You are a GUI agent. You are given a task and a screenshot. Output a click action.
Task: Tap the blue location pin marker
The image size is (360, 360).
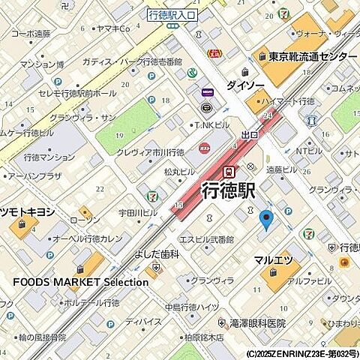[264, 220]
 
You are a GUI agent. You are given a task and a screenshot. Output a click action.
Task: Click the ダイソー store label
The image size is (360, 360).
[244, 85]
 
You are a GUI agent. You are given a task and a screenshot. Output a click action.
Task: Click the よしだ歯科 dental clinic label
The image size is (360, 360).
[156, 254]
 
